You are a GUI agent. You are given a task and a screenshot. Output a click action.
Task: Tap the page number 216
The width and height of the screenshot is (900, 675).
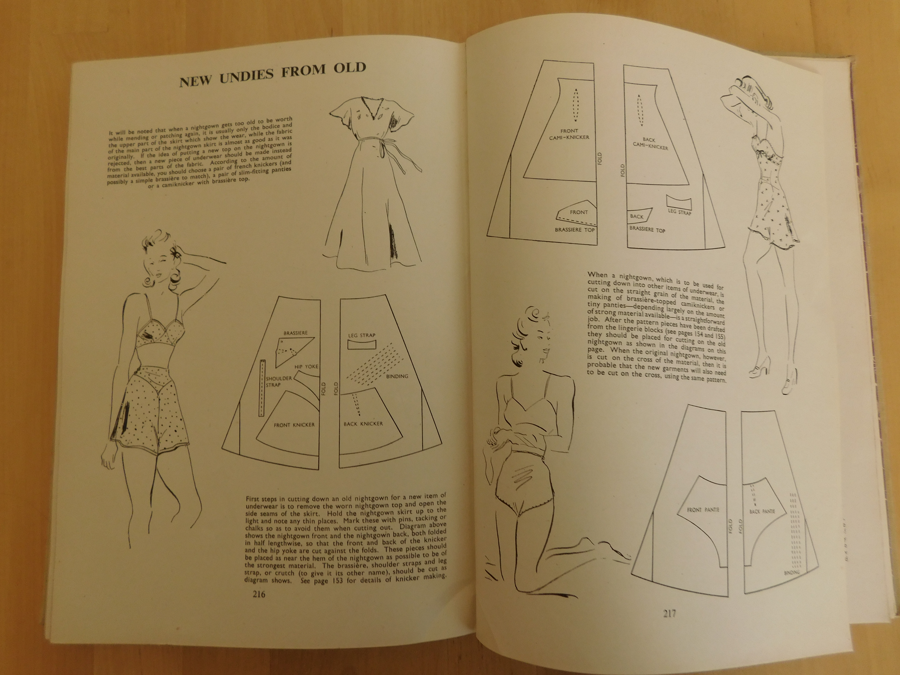tap(259, 594)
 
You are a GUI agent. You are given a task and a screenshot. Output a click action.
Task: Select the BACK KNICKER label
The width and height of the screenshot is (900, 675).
tap(363, 424)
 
